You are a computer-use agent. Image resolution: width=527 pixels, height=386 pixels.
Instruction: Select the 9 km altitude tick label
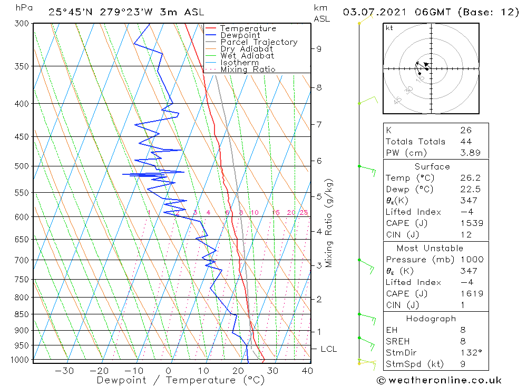pos(319,48)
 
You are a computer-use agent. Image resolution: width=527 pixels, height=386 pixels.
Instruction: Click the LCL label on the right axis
pos(328,349)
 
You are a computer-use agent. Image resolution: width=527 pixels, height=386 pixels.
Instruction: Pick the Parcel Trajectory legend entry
pos(258,42)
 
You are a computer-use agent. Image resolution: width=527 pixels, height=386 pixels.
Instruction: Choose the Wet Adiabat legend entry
pos(247,56)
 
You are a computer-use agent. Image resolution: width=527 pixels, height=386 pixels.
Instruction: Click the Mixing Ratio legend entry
pos(248,70)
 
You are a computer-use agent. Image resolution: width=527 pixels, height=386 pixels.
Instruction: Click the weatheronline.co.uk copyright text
pos(439,380)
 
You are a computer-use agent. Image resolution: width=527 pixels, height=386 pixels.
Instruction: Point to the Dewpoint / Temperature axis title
pos(180,380)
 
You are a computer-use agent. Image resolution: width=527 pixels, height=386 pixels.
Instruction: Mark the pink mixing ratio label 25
pos(304,213)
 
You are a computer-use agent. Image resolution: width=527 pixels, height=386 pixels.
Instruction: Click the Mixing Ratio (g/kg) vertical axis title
pos(329,223)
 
